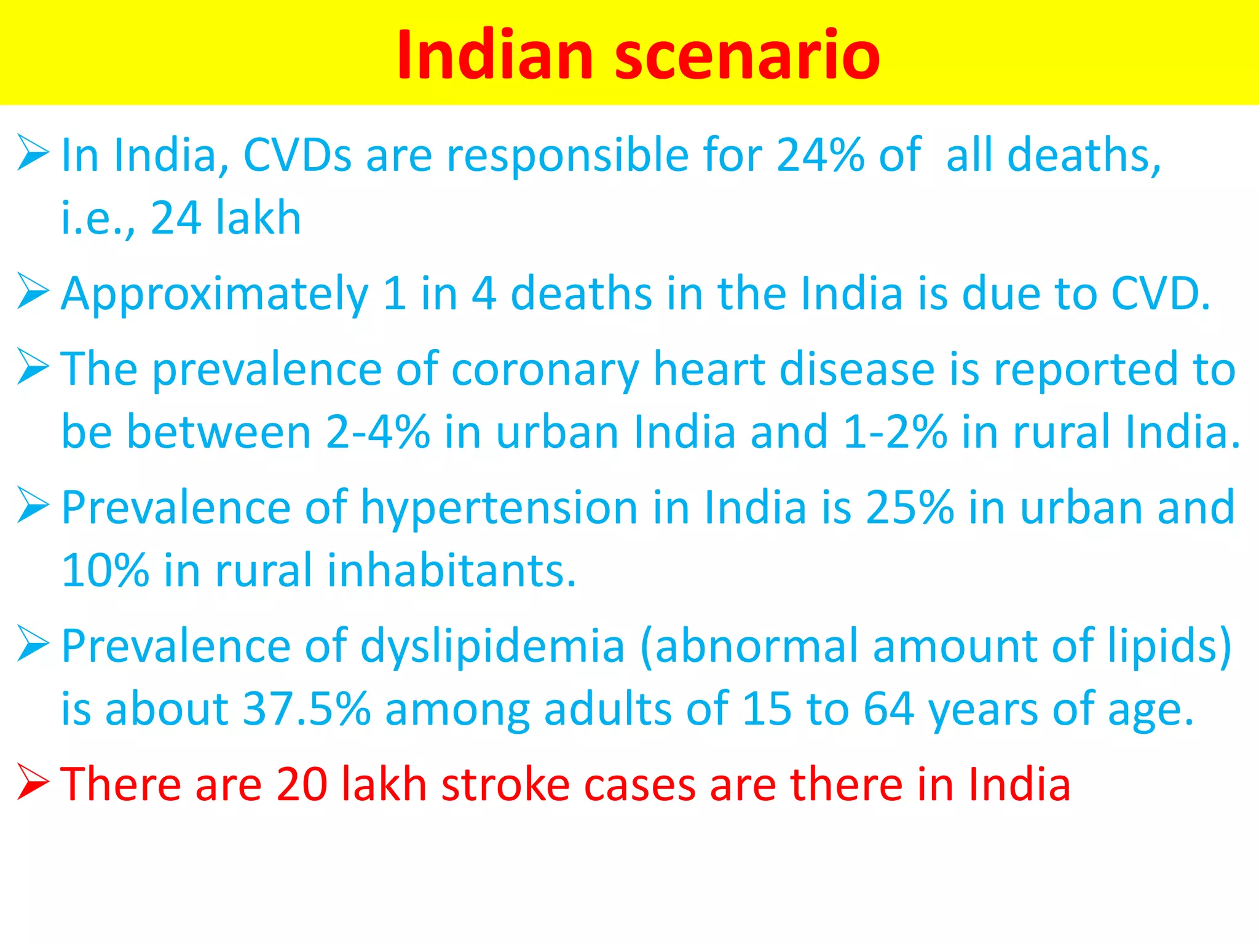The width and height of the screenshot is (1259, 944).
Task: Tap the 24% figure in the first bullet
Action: point(820,155)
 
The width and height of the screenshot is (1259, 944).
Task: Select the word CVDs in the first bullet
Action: point(298,155)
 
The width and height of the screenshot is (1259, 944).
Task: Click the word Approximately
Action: point(215,295)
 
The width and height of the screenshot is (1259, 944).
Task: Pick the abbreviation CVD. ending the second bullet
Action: point(1161,294)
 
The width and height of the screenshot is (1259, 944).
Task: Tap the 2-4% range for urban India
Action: point(377,432)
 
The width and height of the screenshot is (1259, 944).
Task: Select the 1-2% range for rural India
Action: point(895,432)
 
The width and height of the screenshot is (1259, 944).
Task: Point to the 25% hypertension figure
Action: point(910,508)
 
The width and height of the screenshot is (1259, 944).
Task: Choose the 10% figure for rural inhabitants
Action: point(105,571)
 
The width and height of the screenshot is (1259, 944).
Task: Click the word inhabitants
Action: point(451,571)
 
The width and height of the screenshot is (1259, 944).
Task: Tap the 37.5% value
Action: point(307,710)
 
